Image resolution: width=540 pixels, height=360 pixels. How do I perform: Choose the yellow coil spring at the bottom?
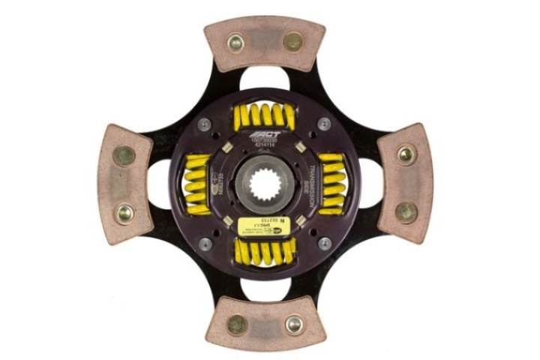[263, 252]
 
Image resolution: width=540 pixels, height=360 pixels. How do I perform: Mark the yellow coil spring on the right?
[331, 184]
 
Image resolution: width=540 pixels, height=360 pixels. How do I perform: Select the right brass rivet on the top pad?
[293, 42]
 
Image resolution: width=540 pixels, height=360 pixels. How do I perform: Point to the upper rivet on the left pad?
[124, 155]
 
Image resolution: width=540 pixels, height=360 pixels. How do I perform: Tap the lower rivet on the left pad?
[124, 213]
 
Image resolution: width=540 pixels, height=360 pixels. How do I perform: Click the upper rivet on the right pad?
[406, 154]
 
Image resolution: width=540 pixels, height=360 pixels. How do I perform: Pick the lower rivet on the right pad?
[406, 212]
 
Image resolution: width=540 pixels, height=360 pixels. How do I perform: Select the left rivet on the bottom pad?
[237, 325]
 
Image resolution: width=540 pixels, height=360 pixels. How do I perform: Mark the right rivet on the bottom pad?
[293, 325]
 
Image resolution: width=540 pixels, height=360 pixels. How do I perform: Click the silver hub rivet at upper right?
[324, 124]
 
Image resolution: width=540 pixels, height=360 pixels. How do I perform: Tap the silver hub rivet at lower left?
[205, 244]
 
